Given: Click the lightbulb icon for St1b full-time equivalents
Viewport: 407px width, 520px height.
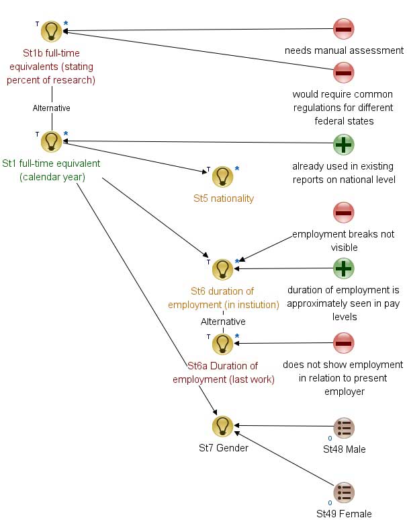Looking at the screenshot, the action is (x=51, y=31).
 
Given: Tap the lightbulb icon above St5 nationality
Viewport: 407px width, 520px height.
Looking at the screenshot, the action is (x=222, y=176).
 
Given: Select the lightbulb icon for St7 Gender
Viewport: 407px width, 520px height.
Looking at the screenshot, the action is (x=222, y=426).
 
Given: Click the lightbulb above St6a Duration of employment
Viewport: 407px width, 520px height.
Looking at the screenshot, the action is (x=222, y=344).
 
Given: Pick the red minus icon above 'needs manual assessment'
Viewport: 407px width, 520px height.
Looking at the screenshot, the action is (x=344, y=29).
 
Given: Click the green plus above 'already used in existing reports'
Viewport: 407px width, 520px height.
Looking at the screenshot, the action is (x=344, y=145).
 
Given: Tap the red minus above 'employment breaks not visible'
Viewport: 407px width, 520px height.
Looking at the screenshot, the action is (x=344, y=213).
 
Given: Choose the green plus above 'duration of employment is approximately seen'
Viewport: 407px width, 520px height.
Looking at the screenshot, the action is (x=344, y=268).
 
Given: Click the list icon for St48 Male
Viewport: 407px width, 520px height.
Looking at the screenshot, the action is (x=344, y=428).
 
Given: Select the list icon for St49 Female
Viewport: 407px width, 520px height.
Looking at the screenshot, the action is (x=344, y=492).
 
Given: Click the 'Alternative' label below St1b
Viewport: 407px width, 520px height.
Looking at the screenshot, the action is (x=51, y=108).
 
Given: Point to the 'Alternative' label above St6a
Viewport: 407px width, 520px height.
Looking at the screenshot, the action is (x=223, y=322).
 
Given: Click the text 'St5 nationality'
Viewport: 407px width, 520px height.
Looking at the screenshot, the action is (x=224, y=198).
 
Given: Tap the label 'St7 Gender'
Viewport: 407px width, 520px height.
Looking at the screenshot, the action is (x=224, y=448).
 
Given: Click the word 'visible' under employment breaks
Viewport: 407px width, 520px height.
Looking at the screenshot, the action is (x=344, y=248).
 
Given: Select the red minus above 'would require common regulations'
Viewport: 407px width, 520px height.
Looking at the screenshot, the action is (x=344, y=72).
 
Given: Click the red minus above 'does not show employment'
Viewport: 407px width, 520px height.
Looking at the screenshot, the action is (x=344, y=343).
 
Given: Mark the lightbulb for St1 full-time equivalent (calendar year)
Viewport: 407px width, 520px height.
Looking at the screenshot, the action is (x=51, y=141).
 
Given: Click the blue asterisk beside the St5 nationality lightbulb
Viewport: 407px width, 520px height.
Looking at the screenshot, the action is (x=237, y=169).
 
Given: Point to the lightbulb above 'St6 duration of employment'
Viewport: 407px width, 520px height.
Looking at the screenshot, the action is (x=222, y=269).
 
